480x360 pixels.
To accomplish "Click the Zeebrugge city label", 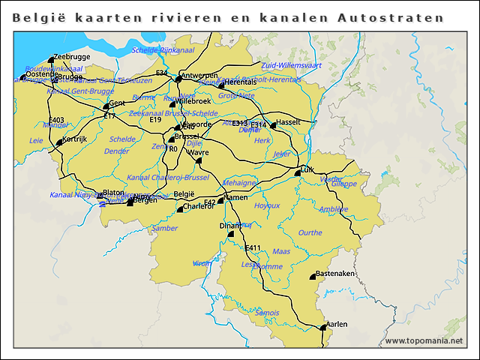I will tap(72, 57).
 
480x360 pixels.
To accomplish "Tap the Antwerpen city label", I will tap(200, 75).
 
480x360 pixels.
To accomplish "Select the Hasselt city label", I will tap(289, 121).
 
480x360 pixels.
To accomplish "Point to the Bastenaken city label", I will tap(334, 274).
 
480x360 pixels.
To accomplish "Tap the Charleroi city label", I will tap(198, 206).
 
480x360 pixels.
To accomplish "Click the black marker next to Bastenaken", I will tap(313, 277).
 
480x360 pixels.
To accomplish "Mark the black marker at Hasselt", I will tap(273, 126).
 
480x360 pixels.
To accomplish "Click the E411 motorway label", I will tap(253, 248).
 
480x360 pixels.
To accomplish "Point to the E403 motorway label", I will tap(56, 120).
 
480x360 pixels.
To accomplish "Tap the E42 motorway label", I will tap(210, 202).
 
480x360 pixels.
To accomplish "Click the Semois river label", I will tap(267, 313).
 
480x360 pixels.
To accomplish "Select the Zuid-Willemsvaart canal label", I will tap(291, 65).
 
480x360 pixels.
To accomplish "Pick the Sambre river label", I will tap(165, 228).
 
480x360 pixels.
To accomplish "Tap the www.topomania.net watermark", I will tap(424, 340).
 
